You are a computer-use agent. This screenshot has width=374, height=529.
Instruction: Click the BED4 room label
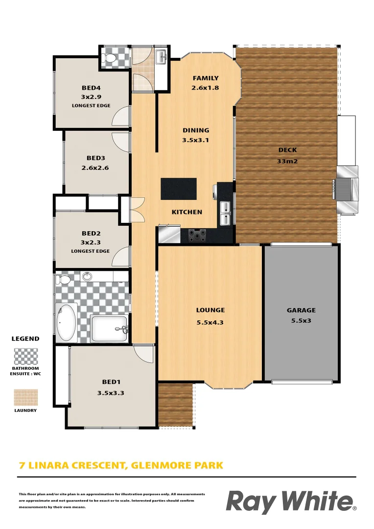tap(91, 88)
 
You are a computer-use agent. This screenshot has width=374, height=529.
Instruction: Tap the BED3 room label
tap(96, 158)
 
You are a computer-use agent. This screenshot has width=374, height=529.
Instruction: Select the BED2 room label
tap(91, 234)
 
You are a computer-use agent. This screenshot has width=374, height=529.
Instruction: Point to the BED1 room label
tap(111, 382)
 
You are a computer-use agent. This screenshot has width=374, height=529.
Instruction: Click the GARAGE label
tap(301, 310)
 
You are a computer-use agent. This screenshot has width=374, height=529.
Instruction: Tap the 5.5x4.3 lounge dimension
tap(210, 322)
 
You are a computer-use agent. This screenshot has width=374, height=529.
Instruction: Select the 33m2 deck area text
tap(288, 161)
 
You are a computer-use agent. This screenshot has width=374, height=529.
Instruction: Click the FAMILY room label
tap(206, 78)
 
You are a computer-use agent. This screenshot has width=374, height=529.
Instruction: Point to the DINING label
tap(196, 130)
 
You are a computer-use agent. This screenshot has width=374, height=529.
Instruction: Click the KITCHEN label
tap(187, 212)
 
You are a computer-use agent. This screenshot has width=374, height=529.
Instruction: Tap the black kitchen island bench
tap(179, 189)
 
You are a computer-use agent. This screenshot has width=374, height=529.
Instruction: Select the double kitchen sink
tap(226, 214)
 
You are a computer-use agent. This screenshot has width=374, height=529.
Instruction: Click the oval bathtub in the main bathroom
tap(66, 323)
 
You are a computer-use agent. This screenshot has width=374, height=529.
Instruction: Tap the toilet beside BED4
tap(111, 59)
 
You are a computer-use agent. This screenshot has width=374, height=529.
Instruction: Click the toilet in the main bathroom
tap(63, 280)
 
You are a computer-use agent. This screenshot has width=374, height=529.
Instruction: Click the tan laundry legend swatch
tap(25, 398)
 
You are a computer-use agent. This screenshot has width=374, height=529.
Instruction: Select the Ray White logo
tap(290, 501)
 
